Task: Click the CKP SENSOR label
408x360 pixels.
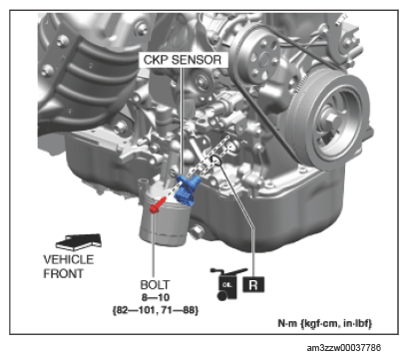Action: pyautogui.click(x=183, y=60)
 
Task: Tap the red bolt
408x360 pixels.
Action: pyautogui.click(x=158, y=204)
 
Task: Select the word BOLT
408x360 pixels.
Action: pyautogui.click(x=155, y=285)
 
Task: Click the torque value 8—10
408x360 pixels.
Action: pyautogui.click(x=156, y=297)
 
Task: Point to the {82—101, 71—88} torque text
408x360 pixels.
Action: pyautogui.click(x=156, y=310)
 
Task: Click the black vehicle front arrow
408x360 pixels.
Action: pyautogui.click(x=79, y=242)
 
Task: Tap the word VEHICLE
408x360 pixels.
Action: pyautogui.click(x=69, y=259)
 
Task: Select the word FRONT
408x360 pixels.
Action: pyautogui.click(x=63, y=273)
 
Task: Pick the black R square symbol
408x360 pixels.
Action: pyautogui.click(x=253, y=284)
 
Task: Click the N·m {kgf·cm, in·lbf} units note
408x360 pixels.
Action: pyautogui.click(x=325, y=323)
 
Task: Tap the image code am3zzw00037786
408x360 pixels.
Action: pyautogui.click(x=344, y=348)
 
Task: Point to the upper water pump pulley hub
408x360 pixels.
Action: pyautogui.click(x=264, y=59)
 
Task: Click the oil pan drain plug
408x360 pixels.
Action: pyautogui.click(x=197, y=231)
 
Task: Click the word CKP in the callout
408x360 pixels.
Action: pyautogui.click(x=156, y=60)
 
